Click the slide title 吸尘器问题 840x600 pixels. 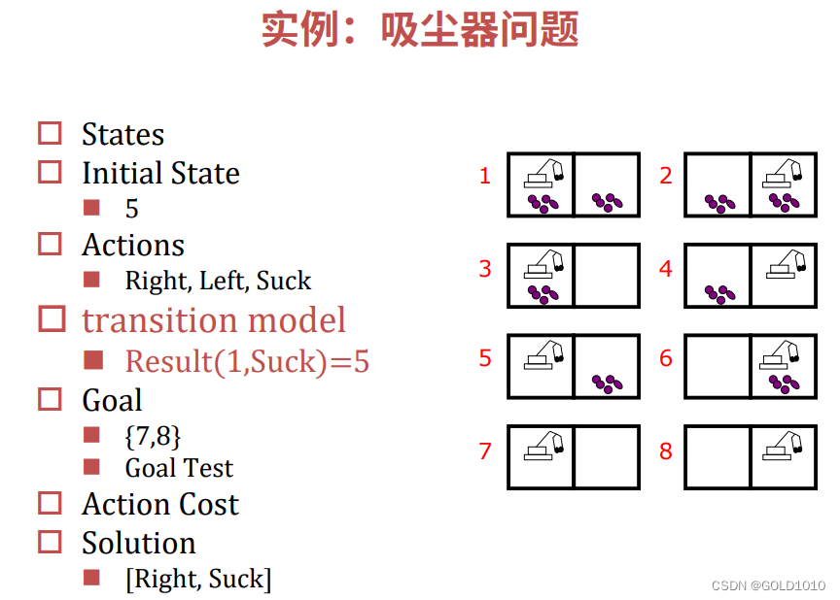419,29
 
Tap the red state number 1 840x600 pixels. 485,176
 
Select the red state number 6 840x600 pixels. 666,358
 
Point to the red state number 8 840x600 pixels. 666,450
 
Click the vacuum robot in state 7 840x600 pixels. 544,446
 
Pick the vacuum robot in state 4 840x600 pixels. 784,263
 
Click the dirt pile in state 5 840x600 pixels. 608,383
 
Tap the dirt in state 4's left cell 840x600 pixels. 720,291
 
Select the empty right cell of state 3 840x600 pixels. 607,276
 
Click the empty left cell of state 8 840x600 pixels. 717,456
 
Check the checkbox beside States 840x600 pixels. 50,133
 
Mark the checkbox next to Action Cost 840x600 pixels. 50,503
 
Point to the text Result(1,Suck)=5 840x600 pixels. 247,361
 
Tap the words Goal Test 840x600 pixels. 179,468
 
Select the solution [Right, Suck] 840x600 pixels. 198,579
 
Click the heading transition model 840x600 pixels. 214,319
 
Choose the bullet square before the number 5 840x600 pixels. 92,207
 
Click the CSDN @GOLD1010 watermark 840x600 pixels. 768,585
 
